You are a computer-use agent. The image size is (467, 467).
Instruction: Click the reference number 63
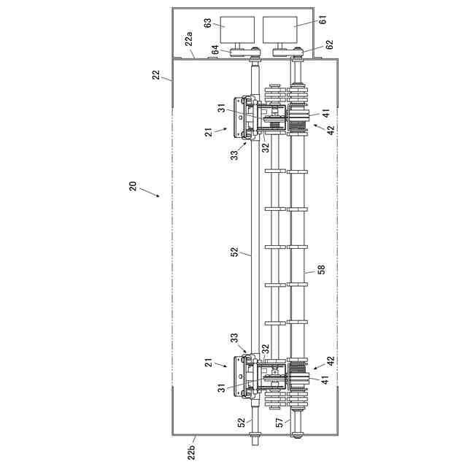click(208, 24)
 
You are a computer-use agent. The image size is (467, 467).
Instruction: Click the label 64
click(215, 50)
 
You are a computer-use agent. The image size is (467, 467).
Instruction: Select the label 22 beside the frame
click(155, 75)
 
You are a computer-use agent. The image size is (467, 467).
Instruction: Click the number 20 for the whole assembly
click(133, 186)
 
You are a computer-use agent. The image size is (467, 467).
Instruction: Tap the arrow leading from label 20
click(150, 193)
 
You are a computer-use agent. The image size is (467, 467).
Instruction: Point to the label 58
click(320, 269)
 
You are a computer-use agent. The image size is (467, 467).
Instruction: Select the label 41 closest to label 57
click(325, 379)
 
